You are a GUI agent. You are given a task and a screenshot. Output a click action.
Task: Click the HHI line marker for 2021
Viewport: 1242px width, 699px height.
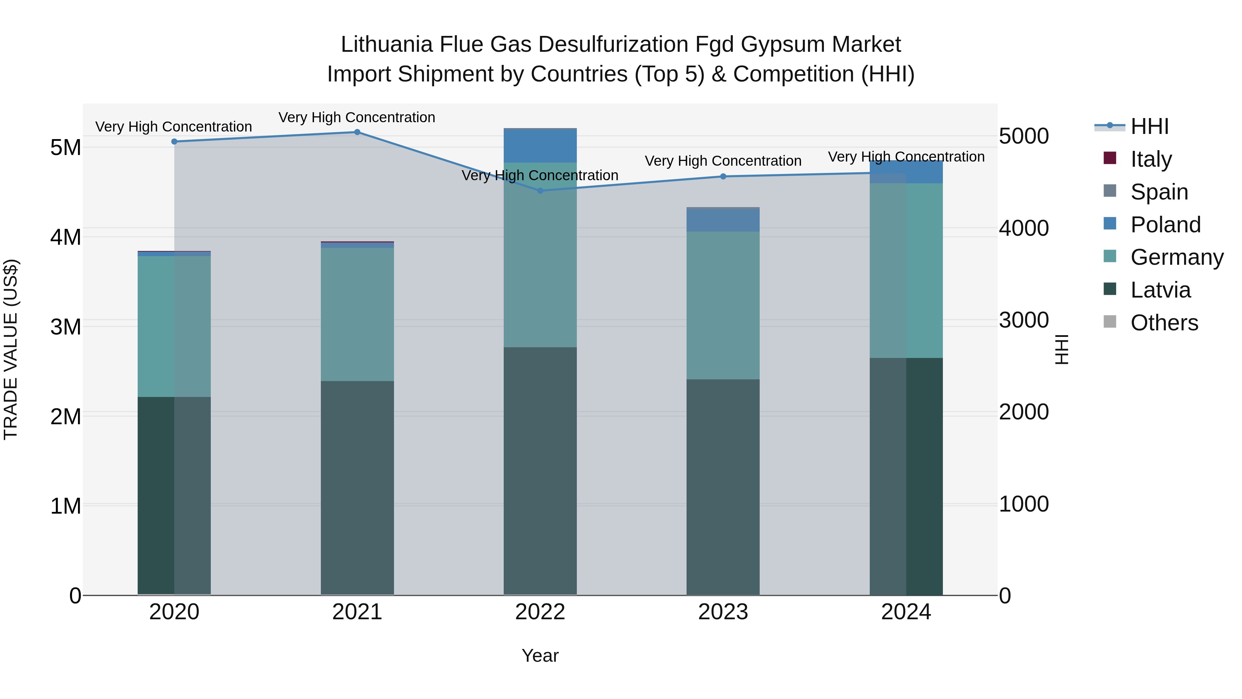[357, 132]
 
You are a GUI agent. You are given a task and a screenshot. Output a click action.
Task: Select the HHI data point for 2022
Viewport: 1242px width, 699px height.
[540, 191]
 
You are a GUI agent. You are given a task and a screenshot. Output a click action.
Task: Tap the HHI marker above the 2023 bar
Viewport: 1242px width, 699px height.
[723, 176]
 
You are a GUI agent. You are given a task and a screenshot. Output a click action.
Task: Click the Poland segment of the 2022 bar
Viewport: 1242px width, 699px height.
[540, 146]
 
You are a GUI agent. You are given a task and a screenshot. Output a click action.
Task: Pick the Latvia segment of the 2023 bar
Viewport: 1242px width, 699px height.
[723, 487]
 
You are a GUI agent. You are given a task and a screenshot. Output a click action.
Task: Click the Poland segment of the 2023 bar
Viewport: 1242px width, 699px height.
[723, 221]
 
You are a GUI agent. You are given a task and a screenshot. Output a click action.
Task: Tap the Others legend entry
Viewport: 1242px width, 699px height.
[1164, 323]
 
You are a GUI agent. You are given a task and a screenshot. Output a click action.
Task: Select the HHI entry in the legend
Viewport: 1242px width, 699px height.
[1150, 126]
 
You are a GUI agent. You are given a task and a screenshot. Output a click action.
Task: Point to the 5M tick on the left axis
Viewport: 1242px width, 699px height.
[66, 148]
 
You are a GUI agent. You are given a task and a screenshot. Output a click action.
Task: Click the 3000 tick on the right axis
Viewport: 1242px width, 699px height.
[1024, 320]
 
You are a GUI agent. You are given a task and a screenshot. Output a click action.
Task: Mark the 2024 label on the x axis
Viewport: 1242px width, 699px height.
[906, 612]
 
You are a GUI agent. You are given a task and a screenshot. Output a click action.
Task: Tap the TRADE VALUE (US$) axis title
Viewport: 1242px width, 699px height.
[11, 349]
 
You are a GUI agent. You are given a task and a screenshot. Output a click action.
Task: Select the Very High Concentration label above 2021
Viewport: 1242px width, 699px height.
[357, 118]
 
